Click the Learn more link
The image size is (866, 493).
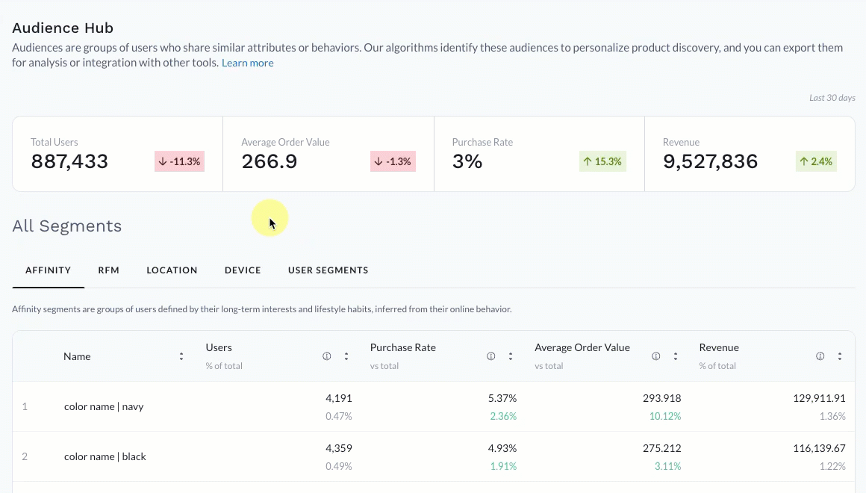pyautogui.click(x=247, y=63)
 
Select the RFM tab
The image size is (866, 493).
pyautogui.click(x=108, y=270)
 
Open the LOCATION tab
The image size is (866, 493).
pyautogui.click(x=172, y=270)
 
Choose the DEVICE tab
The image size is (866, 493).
pyautogui.click(x=243, y=270)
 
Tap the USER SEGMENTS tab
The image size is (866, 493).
pyautogui.click(x=328, y=270)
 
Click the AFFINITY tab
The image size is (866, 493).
pyautogui.click(x=48, y=270)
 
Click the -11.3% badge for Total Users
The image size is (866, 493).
pyautogui.click(x=179, y=161)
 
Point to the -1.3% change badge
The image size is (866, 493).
pyautogui.click(x=393, y=161)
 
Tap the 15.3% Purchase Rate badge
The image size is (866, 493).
pyautogui.click(x=602, y=161)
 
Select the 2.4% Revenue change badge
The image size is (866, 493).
pyautogui.click(x=815, y=161)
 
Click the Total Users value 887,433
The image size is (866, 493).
pyautogui.click(x=69, y=161)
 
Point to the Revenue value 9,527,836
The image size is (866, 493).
pyautogui.click(x=710, y=161)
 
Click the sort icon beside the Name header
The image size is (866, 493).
pyautogui.click(x=181, y=357)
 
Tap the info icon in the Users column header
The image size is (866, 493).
pyautogui.click(x=326, y=357)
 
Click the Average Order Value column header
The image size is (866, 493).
pyautogui.click(x=582, y=348)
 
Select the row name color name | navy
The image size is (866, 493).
pyautogui.click(x=104, y=407)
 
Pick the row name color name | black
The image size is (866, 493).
pyautogui.click(x=105, y=456)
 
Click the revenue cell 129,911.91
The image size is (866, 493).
pyautogui.click(x=819, y=399)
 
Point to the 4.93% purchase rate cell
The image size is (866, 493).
pyautogui.click(x=502, y=449)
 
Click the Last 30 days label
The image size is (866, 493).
pyautogui.click(x=832, y=98)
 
